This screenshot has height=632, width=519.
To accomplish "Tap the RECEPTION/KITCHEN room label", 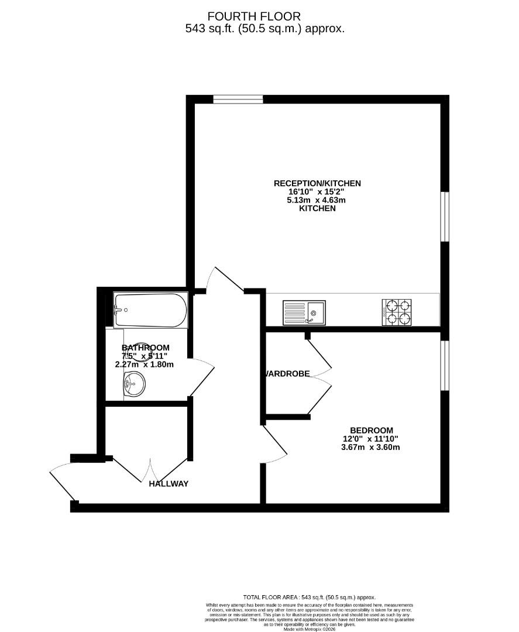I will [317, 183].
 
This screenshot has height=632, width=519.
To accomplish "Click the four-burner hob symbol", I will [397, 312].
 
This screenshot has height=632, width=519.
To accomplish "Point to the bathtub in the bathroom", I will [150, 310].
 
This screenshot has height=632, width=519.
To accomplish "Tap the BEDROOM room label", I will [372, 430].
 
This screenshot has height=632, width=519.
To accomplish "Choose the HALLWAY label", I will [169, 483].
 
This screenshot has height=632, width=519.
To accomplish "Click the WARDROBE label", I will [287, 374].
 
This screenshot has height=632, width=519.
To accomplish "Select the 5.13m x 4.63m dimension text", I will [317, 200].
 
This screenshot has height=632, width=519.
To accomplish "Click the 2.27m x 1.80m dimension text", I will [145, 364].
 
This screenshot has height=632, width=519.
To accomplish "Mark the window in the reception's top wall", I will [238, 99].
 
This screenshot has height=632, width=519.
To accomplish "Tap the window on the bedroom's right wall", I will [445, 365].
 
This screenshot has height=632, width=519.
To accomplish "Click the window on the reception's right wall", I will [445, 216].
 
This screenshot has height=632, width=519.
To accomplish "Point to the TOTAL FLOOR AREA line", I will [309, 596].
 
